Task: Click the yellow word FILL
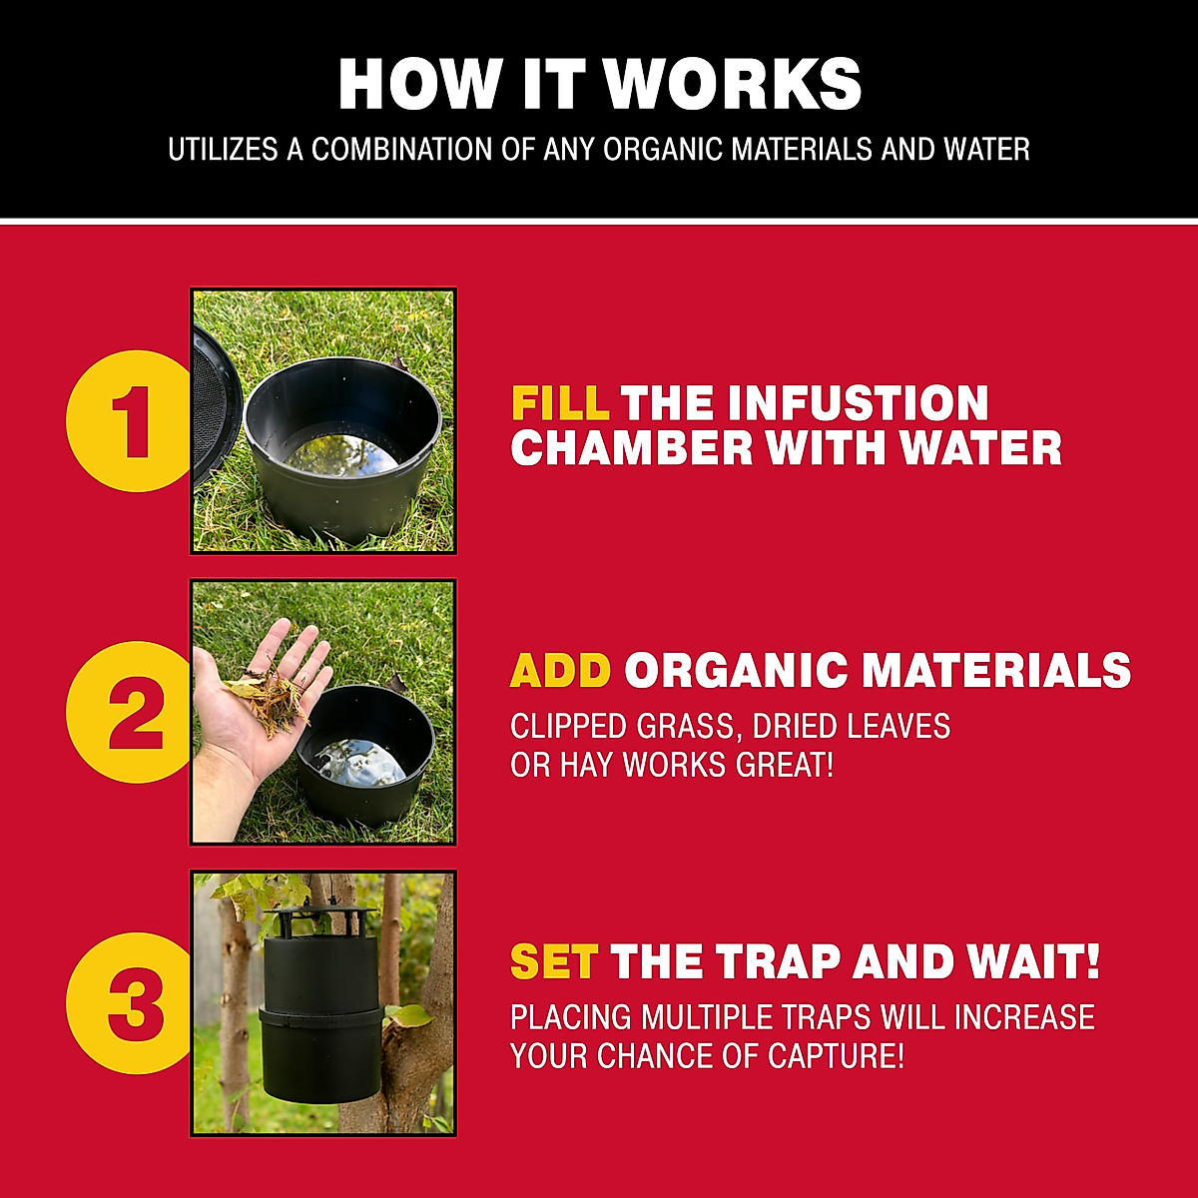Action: (560, 403)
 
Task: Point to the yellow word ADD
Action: (560, 670)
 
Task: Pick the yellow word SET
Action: (553, 962)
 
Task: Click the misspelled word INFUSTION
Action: (858, 403)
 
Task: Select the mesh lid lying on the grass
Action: (213, 399)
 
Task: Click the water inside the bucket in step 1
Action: (339, 454)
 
